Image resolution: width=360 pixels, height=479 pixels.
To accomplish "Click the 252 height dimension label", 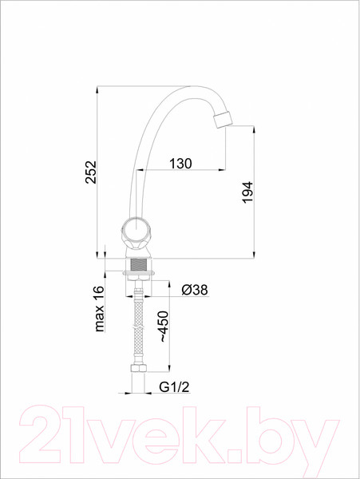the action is [91, 172].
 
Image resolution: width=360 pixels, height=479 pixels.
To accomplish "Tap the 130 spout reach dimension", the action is [180, 164].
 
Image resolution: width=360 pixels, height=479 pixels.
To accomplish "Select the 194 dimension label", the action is [247, 192].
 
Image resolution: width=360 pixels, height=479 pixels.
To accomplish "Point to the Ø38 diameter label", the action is [195, 290].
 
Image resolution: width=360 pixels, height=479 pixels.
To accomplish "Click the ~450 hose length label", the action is [163, 327].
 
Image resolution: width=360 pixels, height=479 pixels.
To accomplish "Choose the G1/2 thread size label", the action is [174, 387].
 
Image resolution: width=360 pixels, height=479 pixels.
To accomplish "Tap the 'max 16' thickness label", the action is [100, 308].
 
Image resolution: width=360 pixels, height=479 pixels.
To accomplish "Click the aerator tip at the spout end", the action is [222, 119].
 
